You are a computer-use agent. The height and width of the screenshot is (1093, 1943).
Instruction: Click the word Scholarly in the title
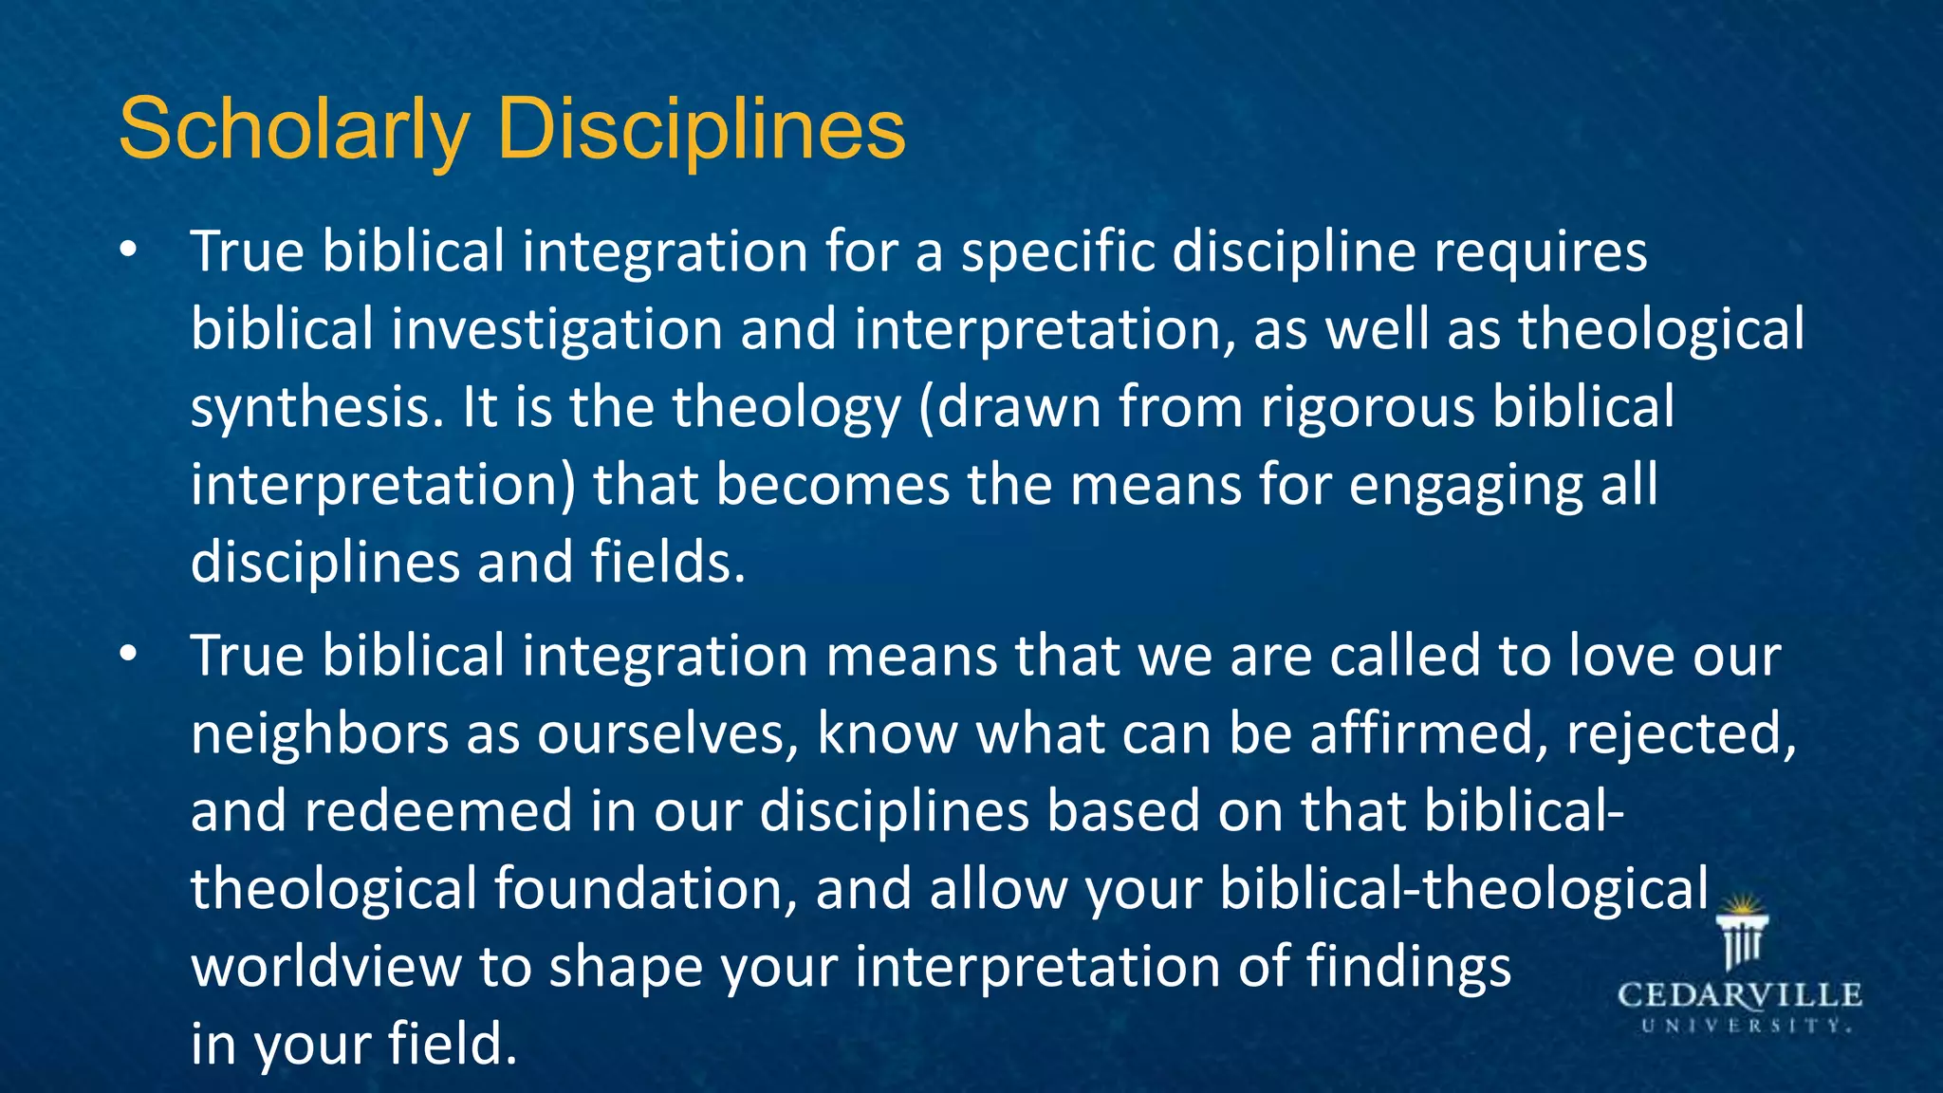click(x=294, y=130)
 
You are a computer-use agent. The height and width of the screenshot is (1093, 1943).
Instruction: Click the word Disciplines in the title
click(x=701, y=130)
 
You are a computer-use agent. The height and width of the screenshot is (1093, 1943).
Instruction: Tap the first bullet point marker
click(x=129, y=250)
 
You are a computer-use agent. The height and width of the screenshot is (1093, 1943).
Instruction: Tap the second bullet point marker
click(x=129, y=655)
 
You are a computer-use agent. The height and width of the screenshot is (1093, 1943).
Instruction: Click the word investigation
click(x=557, y=330)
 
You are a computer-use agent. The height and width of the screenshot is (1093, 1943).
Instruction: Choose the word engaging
click(x=1457, y=486)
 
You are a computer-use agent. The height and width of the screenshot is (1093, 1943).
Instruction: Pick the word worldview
click(x=325, y=968)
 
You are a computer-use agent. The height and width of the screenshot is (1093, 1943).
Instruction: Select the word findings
click(x=1408, y=968)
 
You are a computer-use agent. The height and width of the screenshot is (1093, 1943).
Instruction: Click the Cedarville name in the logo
click(x=1739, y=995)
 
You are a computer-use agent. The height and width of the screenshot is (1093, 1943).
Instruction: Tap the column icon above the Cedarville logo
click(x=1743, y=934)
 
